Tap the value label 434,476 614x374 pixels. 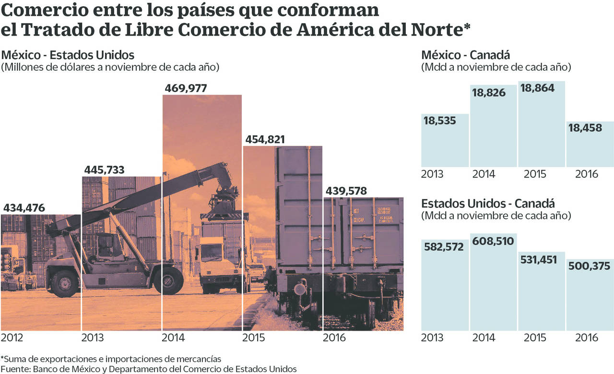click(24, 208)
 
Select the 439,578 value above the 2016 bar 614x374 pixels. click(346, 191)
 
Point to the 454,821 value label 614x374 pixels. click(265, 140)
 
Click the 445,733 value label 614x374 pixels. click(104, 170)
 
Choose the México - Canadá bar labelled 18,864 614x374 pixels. click(542, 125)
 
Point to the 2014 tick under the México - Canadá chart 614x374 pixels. click(484, 174)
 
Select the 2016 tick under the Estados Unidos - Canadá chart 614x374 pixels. click(587, 338)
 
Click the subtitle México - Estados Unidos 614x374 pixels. click(68, 54)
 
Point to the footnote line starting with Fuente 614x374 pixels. click(149, 369)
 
